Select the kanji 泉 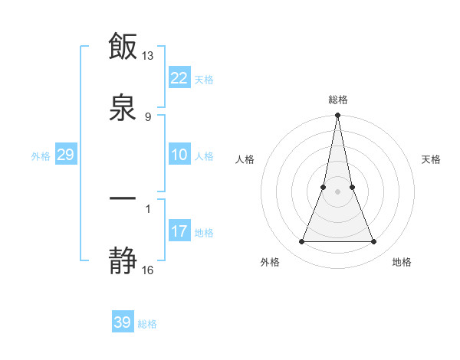click(123, 106)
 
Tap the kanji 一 click(123, 199)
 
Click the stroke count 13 click(148, 56)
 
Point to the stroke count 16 click(148, 270)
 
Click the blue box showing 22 click(179, 78)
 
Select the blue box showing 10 click(179, 155)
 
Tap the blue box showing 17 click(179, 231)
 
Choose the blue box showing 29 click(65, 155)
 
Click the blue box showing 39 click(123, 322)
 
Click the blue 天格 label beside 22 click(204, 80)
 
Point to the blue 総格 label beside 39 click(147, 324)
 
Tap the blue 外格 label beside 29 click(41, 156)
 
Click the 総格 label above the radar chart click(338, 100)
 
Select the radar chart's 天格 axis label click(431, 159)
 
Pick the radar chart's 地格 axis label click(402, 262)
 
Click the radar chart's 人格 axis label click(245, 159)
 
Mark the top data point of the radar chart click(338, 116)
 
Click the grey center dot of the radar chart click(338, 191)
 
